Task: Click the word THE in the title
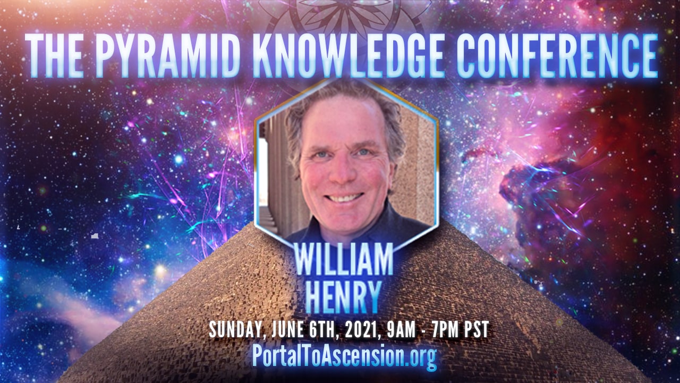[x=54, y=55]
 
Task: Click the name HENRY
[x=343, y=297]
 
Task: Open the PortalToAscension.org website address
[x=344, y=356]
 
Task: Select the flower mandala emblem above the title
[x=345, y=18]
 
